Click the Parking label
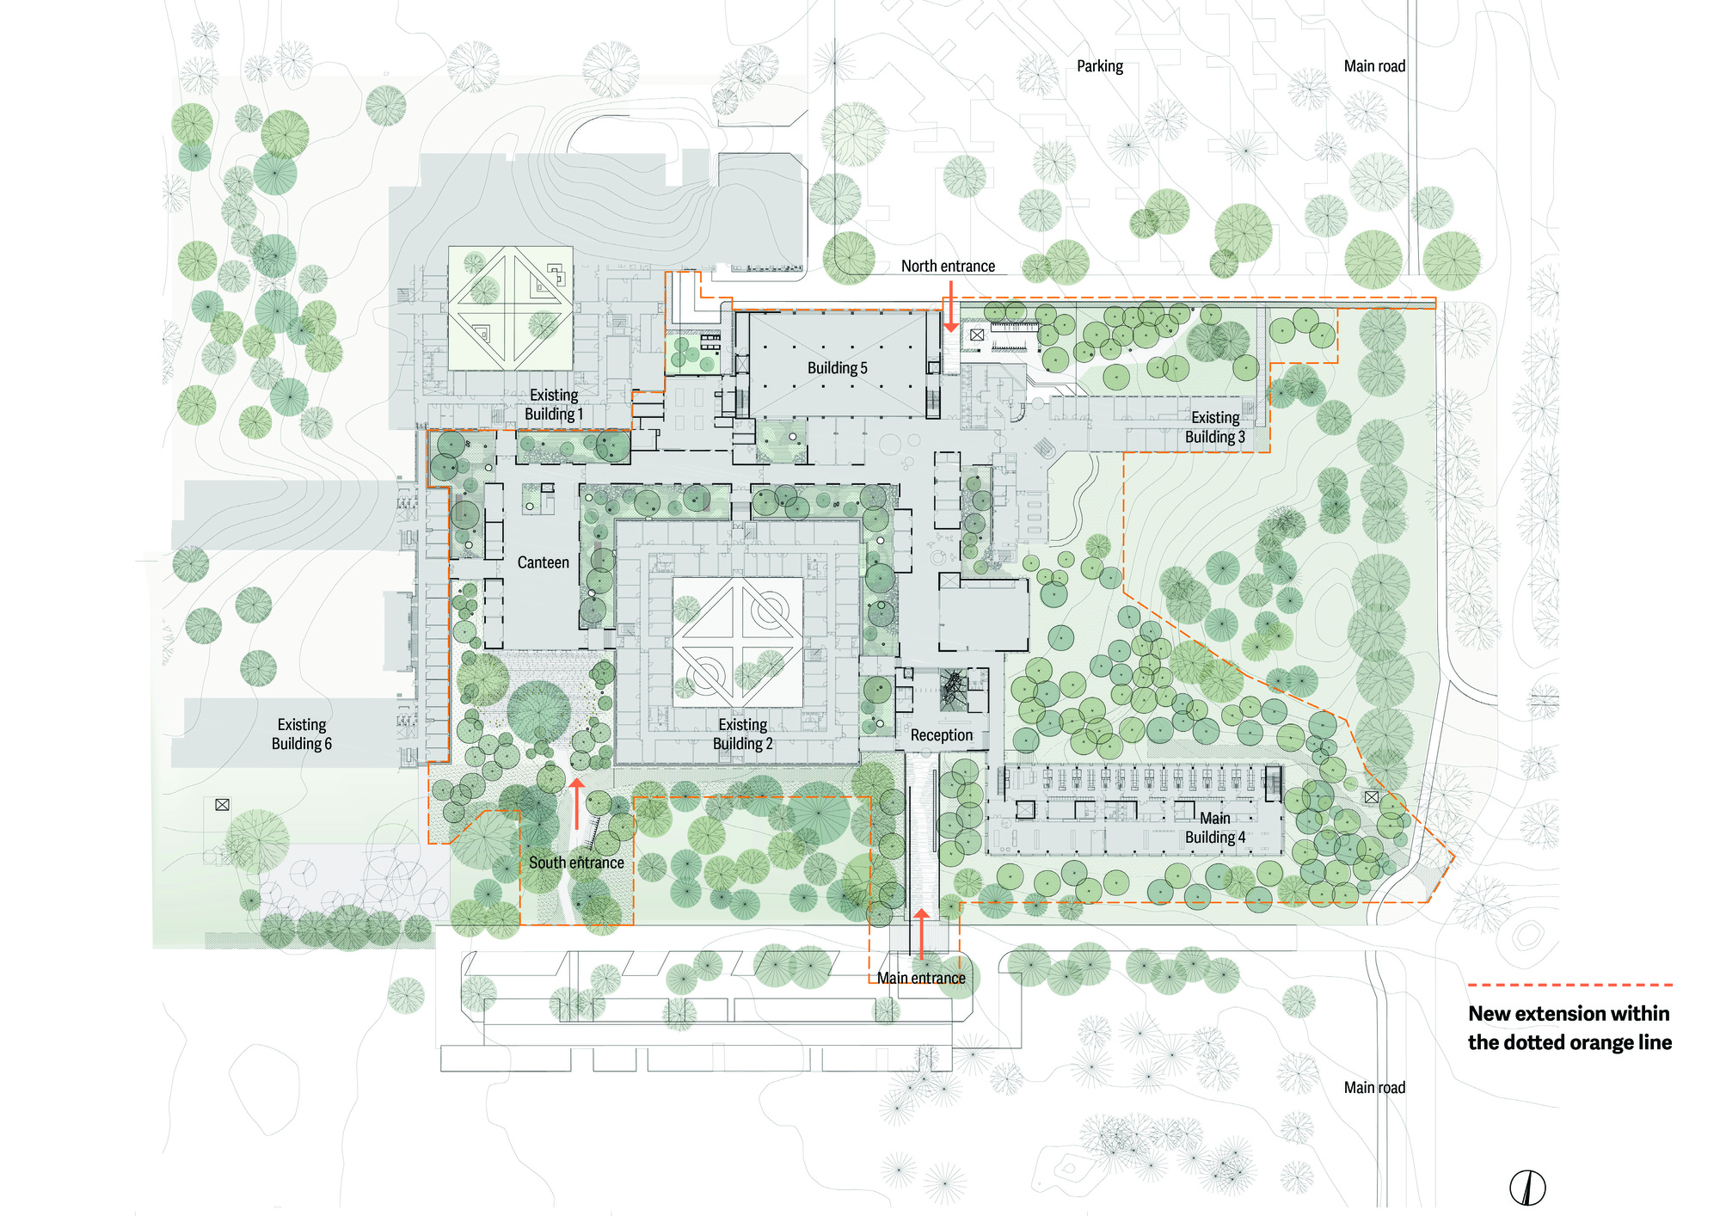[x=1099, y=66]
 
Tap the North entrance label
[x=948, y=267]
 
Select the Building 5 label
[x=837, y=368]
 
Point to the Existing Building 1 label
[x=554, y=405]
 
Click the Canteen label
[x=543, y=562]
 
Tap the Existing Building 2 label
[x=743, y=734]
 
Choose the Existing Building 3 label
[x=1214, y=427]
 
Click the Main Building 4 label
[x=1214, y=827]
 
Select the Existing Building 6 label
[x=302, y=734]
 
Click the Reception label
[x=942, y=735]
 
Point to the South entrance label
[x=576, y=863]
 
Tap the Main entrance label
[x=921, y=978]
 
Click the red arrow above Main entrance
[x=921, y=933]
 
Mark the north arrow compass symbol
[x=1527, y=1188]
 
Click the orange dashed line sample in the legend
[x=1569, y=985]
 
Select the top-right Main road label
[x=1374, y=66]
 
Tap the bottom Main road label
[x=1374, y=1088]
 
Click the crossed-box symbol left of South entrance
[x=222, y=805]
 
